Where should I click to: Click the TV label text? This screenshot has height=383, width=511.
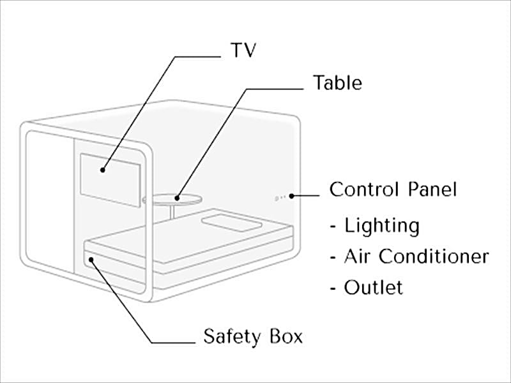point(242,50)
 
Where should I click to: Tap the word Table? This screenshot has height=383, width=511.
point(337,83)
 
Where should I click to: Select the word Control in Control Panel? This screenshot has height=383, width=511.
point(365,190)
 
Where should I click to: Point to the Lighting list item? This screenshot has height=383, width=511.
point(381,225)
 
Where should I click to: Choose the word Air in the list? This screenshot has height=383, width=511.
point(358,257)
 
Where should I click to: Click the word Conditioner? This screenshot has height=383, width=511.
point(434,257)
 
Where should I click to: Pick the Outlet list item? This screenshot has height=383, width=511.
point(373,287)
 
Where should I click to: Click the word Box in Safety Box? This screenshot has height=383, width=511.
point(285,336)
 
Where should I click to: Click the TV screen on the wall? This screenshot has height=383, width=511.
point(110,179)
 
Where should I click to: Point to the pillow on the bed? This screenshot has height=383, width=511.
point(231,223)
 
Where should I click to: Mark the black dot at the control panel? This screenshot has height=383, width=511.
point(291,196)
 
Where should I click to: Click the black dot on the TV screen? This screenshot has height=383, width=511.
point(102,170)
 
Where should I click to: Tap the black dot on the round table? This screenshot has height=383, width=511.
point(179,197)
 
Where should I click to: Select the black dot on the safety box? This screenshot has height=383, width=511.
point(92,259)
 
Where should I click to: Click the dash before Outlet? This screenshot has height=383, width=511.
point(333,289)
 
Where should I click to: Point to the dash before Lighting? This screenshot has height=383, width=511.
point(333,227)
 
